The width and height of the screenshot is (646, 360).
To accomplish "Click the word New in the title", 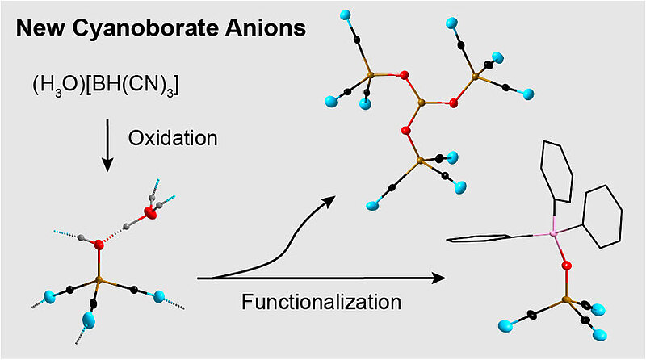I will [x=41, y=30].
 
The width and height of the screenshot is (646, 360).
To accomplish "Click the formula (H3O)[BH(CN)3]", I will [x=102, y=84].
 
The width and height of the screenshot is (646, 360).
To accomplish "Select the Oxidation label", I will [x=173, y=137].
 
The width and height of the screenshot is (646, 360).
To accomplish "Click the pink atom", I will [x=553, y=233].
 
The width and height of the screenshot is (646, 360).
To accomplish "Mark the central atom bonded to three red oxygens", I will [x=420, y=104].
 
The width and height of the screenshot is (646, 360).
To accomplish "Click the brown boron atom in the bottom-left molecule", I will [x=99, y=281].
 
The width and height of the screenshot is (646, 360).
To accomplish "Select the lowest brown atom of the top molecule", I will [x=418, y=163].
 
